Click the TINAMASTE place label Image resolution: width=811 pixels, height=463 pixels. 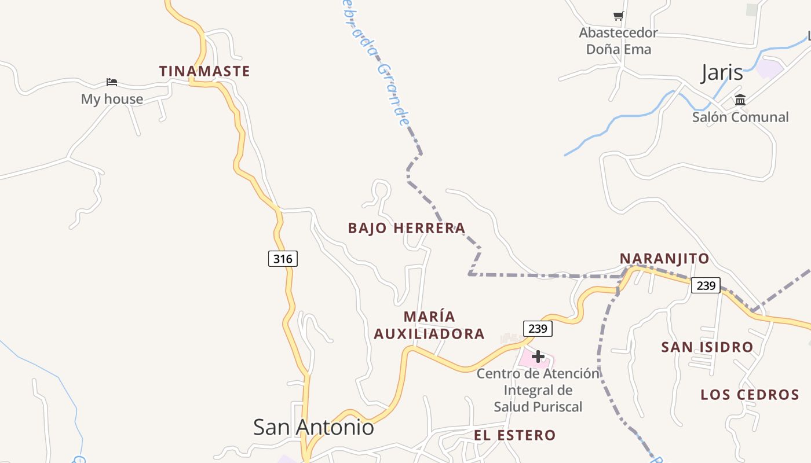[x=204, y=71]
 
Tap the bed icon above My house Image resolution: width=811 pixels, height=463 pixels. [x=112, y=82]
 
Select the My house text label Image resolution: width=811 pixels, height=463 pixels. [x=112, y=99]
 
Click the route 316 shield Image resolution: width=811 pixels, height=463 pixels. [x=283, y=258]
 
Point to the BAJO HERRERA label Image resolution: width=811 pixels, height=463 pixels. [x=407, y=228]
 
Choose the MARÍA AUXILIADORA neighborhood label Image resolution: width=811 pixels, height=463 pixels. [x=429, y=325]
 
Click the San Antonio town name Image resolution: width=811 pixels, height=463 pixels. [x=313, y=427]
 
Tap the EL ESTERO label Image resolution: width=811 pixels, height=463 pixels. [x=515, y=435]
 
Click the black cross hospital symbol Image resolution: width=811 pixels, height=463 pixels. [x=538, y=356]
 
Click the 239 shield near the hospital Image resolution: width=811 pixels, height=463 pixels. [x=538, y=329]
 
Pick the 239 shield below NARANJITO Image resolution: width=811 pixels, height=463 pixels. [x=706, y=285]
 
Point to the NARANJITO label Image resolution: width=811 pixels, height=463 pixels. [x=664, y=259]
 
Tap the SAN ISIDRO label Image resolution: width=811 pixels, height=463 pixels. [x=707, y=347]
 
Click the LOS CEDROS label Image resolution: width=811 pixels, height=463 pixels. [x=750, y=395]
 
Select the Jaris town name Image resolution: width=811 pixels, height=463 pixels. [x=722, y=72]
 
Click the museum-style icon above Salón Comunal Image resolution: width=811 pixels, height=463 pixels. [x=740, y=100]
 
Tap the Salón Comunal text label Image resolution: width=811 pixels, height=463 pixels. [x=740, y=117]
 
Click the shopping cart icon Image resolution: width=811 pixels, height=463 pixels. [x=618, y=16]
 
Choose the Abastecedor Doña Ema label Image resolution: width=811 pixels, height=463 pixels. [x=619, y=41]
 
